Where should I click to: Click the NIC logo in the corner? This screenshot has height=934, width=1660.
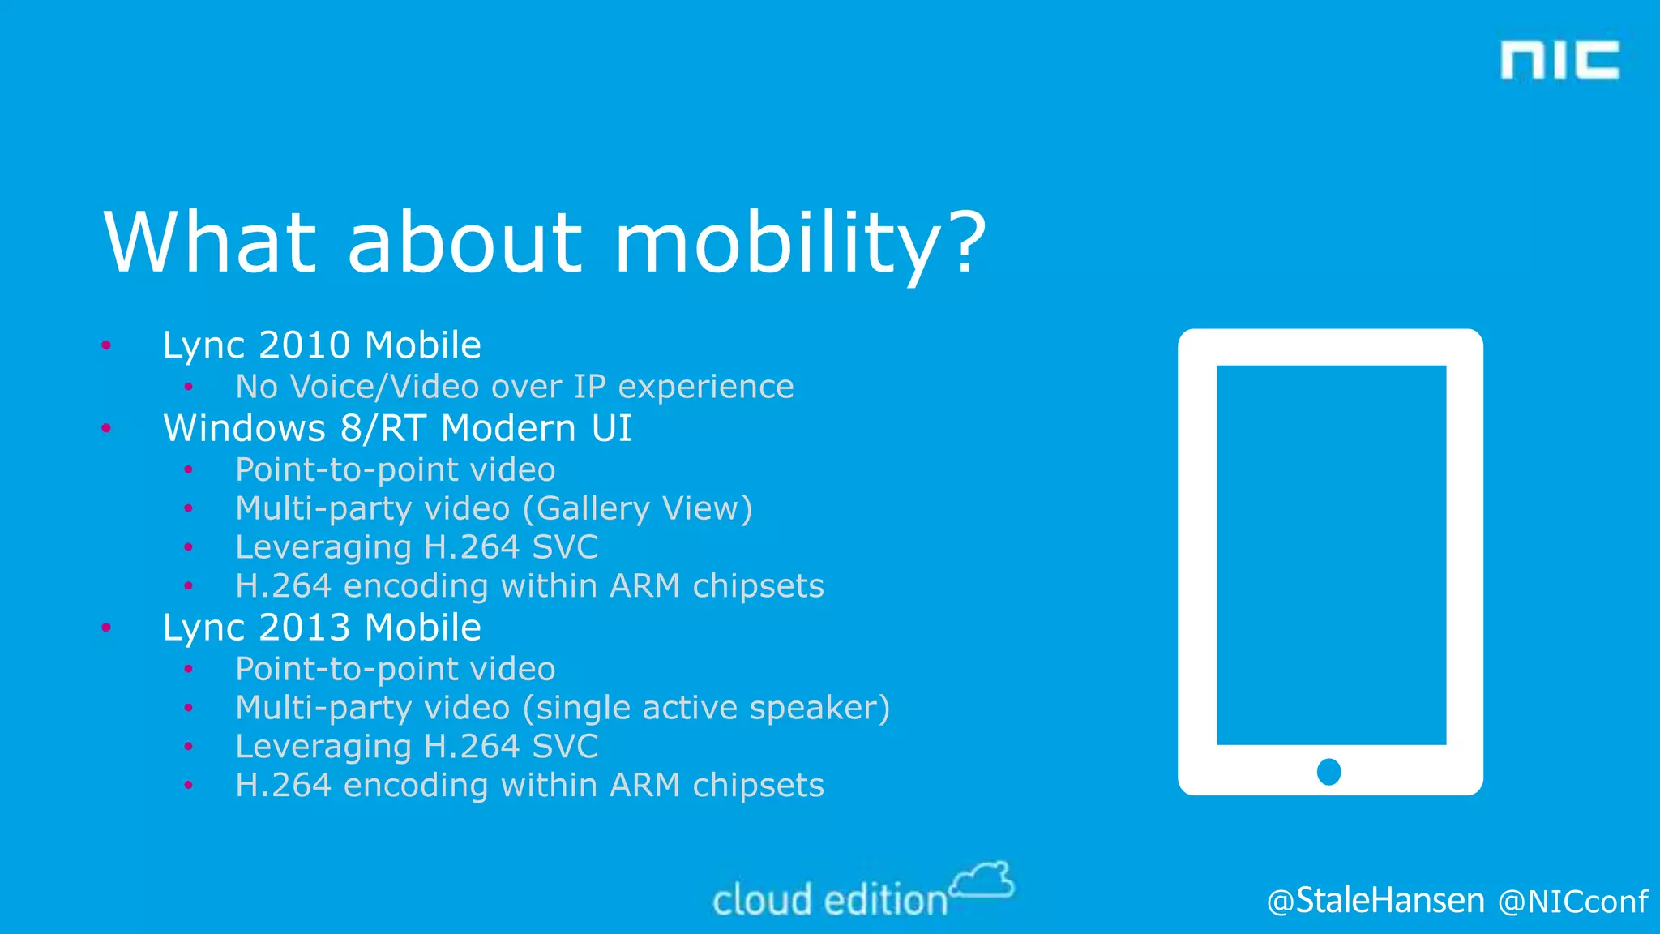[x=1559, y=61]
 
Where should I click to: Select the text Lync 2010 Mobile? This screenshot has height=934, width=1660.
[x=322, y=345]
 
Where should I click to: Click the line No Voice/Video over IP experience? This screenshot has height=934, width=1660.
[x=514, y=387]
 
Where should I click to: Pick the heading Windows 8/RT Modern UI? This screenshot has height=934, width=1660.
[x=397, y=428]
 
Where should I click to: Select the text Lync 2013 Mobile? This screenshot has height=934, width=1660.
[x=322, y=628]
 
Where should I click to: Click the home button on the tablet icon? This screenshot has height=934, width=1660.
[x=1329, y=771]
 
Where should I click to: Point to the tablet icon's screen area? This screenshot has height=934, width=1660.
[x=1331, y=555]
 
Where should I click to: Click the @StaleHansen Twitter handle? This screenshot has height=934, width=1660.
[x=1375, y=901]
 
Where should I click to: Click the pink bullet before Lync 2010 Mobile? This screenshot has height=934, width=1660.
[x=106, y=346]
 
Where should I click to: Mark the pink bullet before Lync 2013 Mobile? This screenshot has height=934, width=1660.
[x=106, y=628]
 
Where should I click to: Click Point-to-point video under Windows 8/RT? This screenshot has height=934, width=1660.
[x=395, y=470]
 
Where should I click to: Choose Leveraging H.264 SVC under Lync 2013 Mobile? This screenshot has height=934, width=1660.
[x=417, y=747]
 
